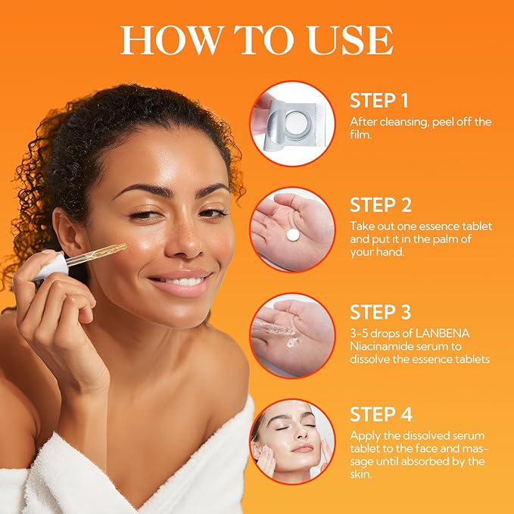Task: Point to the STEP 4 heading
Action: click(x=383, y=414)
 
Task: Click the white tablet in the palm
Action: click(x=292, y=235)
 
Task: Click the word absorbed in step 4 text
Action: click(x=437, y=462)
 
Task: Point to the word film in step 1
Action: click(x=361, y=135)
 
